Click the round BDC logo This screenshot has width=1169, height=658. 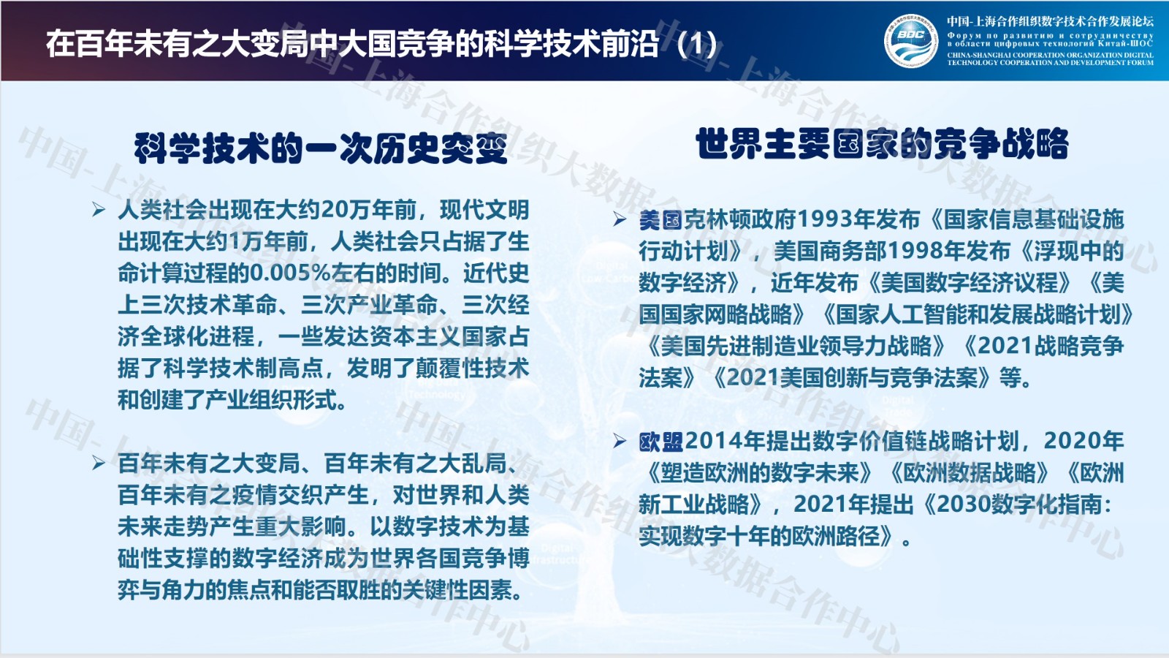click(x=910, y=41)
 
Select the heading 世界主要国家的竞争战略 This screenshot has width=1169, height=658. click(x=882, y=143)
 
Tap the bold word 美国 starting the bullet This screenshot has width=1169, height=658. click(x=660, y=220)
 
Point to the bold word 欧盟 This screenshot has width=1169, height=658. click(x=660, y=442)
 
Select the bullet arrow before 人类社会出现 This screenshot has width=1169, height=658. click(x=99, y=210)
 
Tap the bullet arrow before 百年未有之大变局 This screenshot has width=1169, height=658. click(x=99, y=463)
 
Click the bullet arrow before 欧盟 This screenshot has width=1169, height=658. click(x=620, y=442)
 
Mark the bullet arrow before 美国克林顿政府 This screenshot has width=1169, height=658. click(x=620, y=219)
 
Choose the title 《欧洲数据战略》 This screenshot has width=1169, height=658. click(x=968, y=473)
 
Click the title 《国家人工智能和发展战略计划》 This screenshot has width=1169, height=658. click(x=976, y=314)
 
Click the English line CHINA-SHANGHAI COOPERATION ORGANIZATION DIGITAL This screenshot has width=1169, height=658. click(x=1050, y=55)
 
